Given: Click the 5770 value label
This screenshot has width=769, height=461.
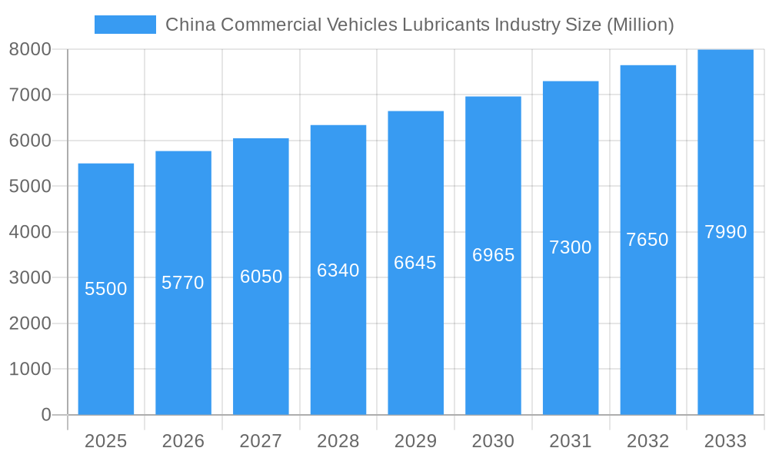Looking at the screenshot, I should (x=183, y=283).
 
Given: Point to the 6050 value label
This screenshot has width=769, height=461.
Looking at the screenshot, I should (x=261, y=277).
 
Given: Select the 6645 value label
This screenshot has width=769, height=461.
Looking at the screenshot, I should (x=415, y=263).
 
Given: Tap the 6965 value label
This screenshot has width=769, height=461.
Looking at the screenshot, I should (x=494, y=255).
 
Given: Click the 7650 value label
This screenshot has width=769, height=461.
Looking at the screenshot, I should (x=647, y=240).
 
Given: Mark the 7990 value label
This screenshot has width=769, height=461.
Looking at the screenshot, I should (x=725, y=232).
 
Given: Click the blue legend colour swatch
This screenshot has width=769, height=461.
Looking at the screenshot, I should (x=125, y=25).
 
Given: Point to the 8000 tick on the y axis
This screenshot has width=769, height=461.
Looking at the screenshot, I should (x=30, y=49).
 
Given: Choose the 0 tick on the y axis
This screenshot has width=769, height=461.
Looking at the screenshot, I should (x=45, y=415).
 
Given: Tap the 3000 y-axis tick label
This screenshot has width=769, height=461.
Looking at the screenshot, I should (x=30, y=277).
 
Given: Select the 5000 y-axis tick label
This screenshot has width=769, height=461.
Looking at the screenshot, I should (x=30, y=186).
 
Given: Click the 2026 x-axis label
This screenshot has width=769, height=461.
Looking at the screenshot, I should (x=183, y=441).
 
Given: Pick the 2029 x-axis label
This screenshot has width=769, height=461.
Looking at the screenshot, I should (x=415, y=441).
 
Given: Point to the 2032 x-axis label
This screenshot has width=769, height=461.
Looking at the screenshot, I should (x=647, y=441).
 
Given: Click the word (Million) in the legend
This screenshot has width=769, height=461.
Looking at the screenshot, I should (x=640, y=25).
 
